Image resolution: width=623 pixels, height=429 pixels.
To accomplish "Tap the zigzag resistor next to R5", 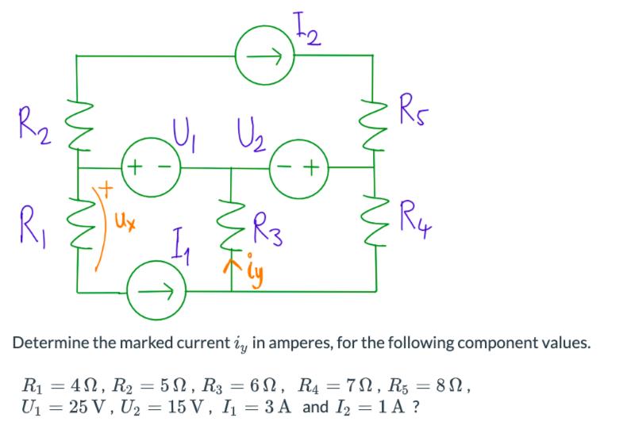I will click(x=372, y=115).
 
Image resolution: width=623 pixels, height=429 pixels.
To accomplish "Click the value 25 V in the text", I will click(x=91, y=410).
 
